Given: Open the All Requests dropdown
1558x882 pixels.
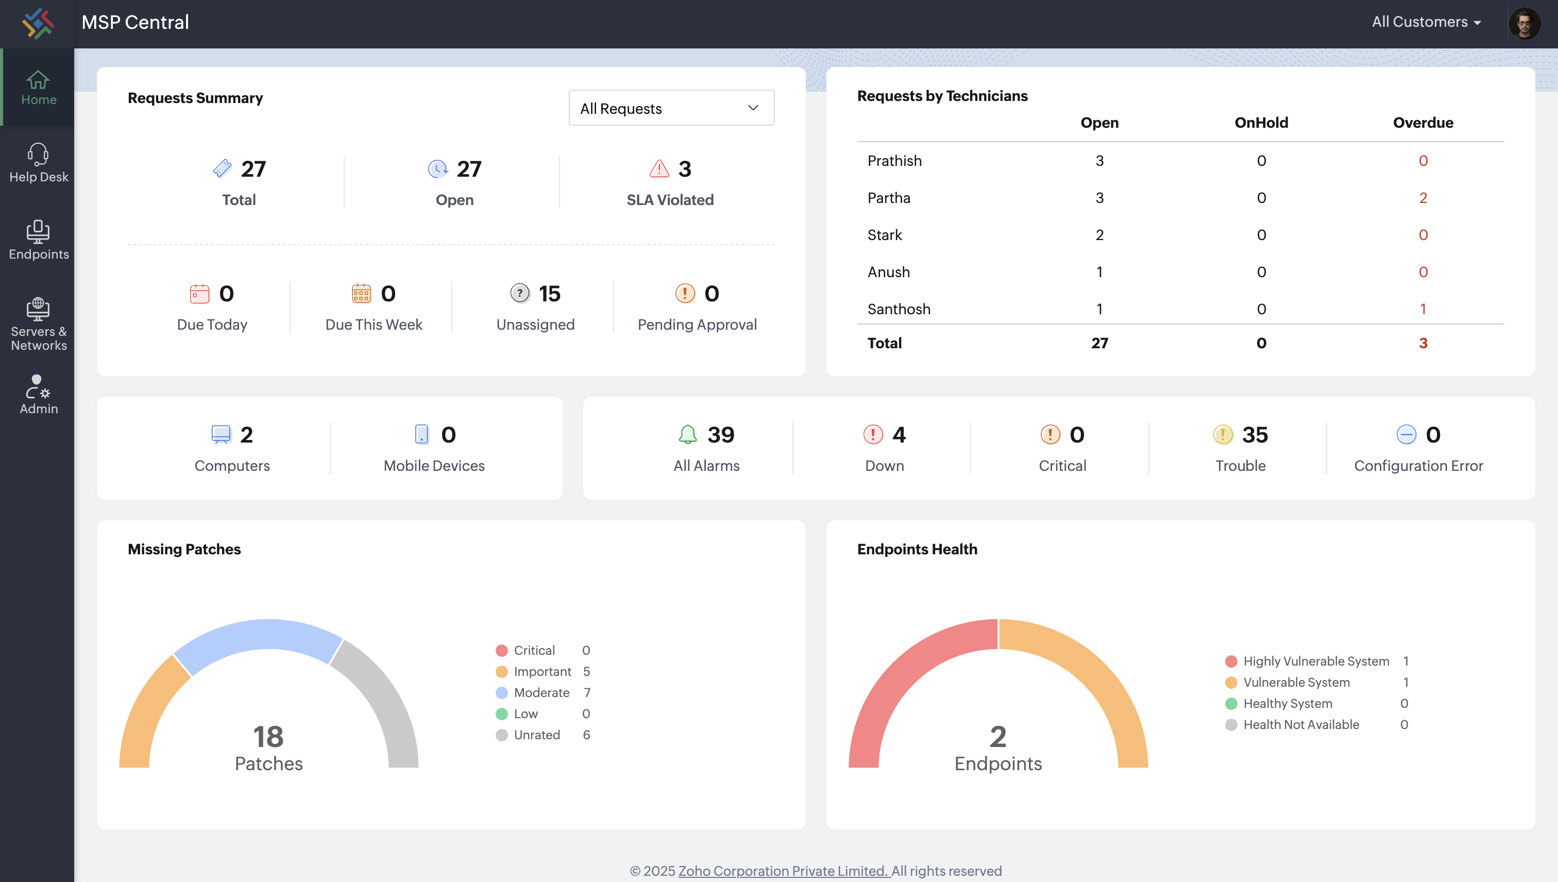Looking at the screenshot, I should click(671, 108).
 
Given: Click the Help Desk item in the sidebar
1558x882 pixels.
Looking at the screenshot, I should click(38, 162).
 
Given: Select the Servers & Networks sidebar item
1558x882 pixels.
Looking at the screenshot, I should click(38, 324).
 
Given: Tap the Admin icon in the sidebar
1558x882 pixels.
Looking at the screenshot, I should click(38, 386).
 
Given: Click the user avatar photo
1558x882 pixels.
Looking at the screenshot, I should click(1524, 23).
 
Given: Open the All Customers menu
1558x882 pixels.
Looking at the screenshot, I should click(1426, 22).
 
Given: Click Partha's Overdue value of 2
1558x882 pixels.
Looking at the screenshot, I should click(1423, 197).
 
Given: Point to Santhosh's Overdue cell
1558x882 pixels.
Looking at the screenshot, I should click(1423, 309).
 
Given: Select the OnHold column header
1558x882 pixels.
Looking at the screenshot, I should click(1261, 123).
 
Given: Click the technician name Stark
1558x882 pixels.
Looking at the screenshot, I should click(885, 235).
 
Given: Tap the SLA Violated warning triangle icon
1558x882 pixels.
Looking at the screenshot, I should click(659, 168).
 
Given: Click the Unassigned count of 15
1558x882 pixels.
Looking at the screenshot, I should click(549, 294).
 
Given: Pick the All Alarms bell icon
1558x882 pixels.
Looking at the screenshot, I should click(687, 434).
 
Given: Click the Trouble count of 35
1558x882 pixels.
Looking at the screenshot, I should click(1255, 434).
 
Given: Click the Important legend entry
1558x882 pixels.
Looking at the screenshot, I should click(542, 671).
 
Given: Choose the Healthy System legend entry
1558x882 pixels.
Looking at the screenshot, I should click(1287, 703).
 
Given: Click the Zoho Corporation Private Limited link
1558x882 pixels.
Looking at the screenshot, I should click(783, 871).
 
